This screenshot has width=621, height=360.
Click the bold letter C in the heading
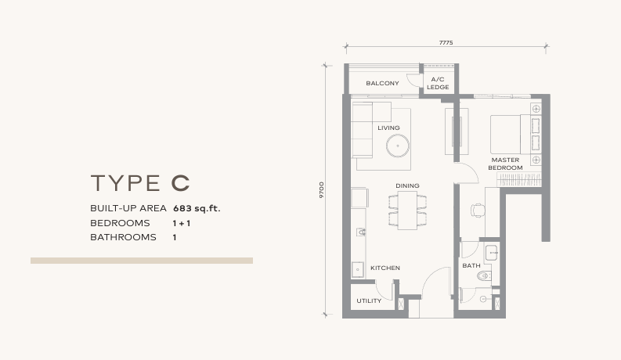[180, 183]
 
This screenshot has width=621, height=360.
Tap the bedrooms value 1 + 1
[182, 223]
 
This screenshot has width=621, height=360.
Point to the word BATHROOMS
[123, 237]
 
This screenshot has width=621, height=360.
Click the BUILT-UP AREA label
[128, 208]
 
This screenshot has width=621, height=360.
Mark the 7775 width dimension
[446, 42]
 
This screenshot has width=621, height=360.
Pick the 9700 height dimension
[321, 191]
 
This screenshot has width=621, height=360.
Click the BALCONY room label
[382, 84]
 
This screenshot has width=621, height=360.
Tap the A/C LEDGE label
[438, 84]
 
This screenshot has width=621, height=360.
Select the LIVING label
[388, 128]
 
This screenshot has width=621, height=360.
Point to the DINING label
[407, 185]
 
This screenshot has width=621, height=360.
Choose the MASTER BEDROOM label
[505, 164]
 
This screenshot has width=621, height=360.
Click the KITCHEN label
[385, 268]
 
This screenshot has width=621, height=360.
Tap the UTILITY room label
[369, 301]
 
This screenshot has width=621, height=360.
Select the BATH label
[471, 265]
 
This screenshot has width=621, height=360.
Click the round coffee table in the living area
[398, 146]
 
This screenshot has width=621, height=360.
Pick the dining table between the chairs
[407, 210]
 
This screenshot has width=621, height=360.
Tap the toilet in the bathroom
[483, 276]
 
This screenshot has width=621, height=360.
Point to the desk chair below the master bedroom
[478, 210]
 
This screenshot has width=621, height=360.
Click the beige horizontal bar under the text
[142, 261]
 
